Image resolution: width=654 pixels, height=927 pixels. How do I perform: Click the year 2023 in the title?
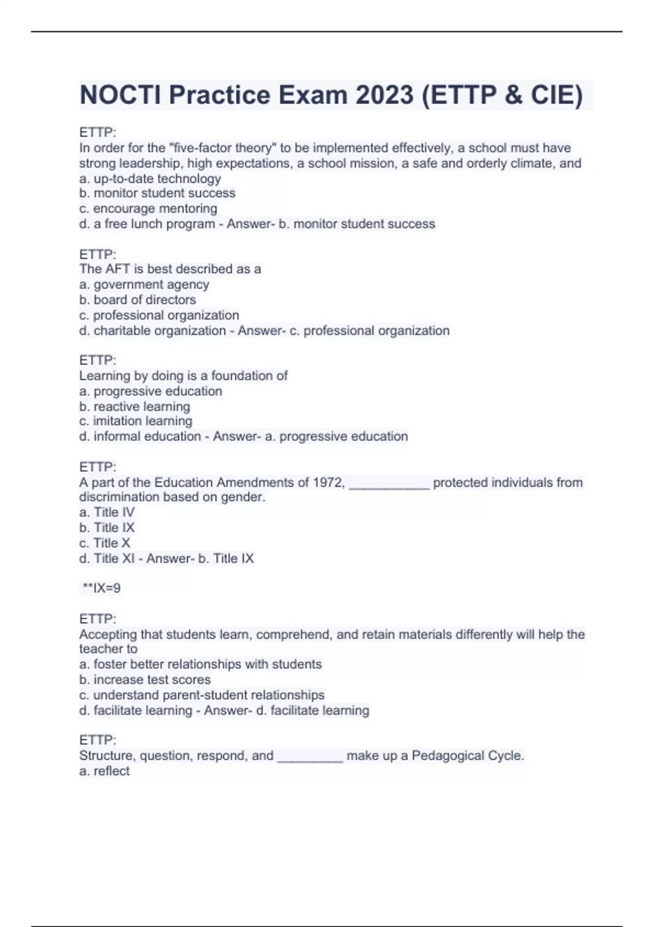(384, 95)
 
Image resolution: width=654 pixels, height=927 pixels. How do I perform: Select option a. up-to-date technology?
(150, 178)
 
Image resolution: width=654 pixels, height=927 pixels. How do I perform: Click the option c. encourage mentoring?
(148, 208)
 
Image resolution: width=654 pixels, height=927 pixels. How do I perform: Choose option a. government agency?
(144, 284)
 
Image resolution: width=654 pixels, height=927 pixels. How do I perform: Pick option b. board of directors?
(137, 299)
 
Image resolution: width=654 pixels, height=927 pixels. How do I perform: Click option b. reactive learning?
(135, 406)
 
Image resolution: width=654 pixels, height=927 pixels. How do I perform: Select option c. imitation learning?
(136, 421)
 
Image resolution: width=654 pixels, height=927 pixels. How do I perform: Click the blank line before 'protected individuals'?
(389, 485)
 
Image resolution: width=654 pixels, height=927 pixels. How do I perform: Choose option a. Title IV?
(107, 512)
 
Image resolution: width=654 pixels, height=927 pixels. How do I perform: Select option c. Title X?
(105, 543)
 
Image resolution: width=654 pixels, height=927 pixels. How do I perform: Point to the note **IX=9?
(101, 588)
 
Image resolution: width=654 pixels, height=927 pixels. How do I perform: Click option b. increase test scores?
(145, 679)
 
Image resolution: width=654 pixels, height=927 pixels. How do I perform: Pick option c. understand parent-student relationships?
(202, 695)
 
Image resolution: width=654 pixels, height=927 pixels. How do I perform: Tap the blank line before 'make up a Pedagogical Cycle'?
(310, 758)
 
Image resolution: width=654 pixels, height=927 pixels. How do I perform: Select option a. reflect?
(105, 771)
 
